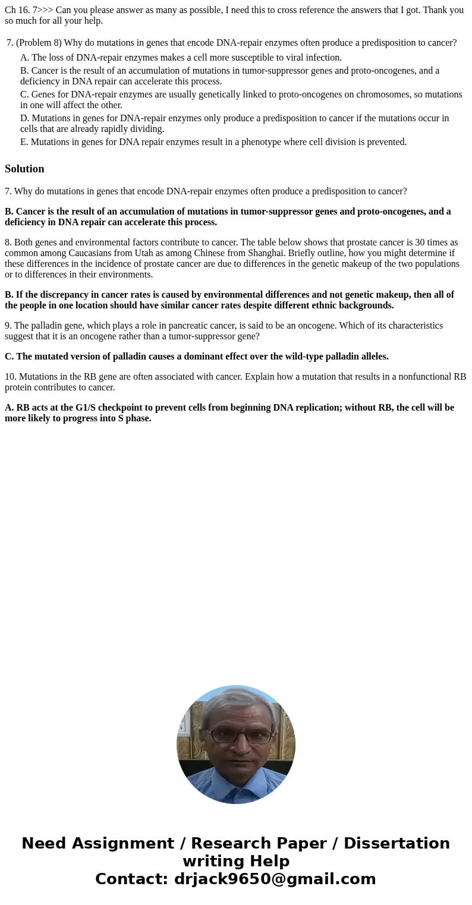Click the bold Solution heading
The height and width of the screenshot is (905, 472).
point(24,169)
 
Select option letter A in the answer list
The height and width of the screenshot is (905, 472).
point(24,58)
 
